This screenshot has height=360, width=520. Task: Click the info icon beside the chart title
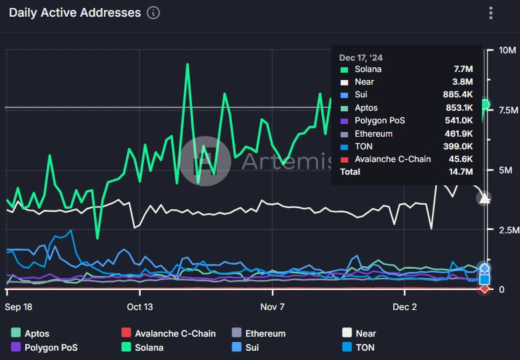[153, 13]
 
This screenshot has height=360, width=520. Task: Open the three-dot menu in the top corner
[491, 13]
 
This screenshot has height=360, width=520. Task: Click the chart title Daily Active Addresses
[75, 13]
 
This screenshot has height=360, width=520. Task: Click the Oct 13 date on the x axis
[141, 307]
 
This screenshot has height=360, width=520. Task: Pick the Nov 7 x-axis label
[273, 307]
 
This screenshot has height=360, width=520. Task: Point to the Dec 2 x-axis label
[405, 307]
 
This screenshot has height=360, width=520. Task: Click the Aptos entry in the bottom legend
[37, 333]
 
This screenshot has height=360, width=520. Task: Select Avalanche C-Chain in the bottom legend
[175, 333]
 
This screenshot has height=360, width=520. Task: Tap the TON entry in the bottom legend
[365, 347]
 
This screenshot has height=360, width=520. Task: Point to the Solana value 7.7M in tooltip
[463, 69]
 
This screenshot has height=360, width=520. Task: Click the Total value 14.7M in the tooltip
[461, 172]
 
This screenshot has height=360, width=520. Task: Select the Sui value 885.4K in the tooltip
[458, 95]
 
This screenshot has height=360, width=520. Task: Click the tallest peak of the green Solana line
[187, 65]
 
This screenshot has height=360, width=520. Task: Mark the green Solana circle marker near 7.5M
[485, 105]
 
